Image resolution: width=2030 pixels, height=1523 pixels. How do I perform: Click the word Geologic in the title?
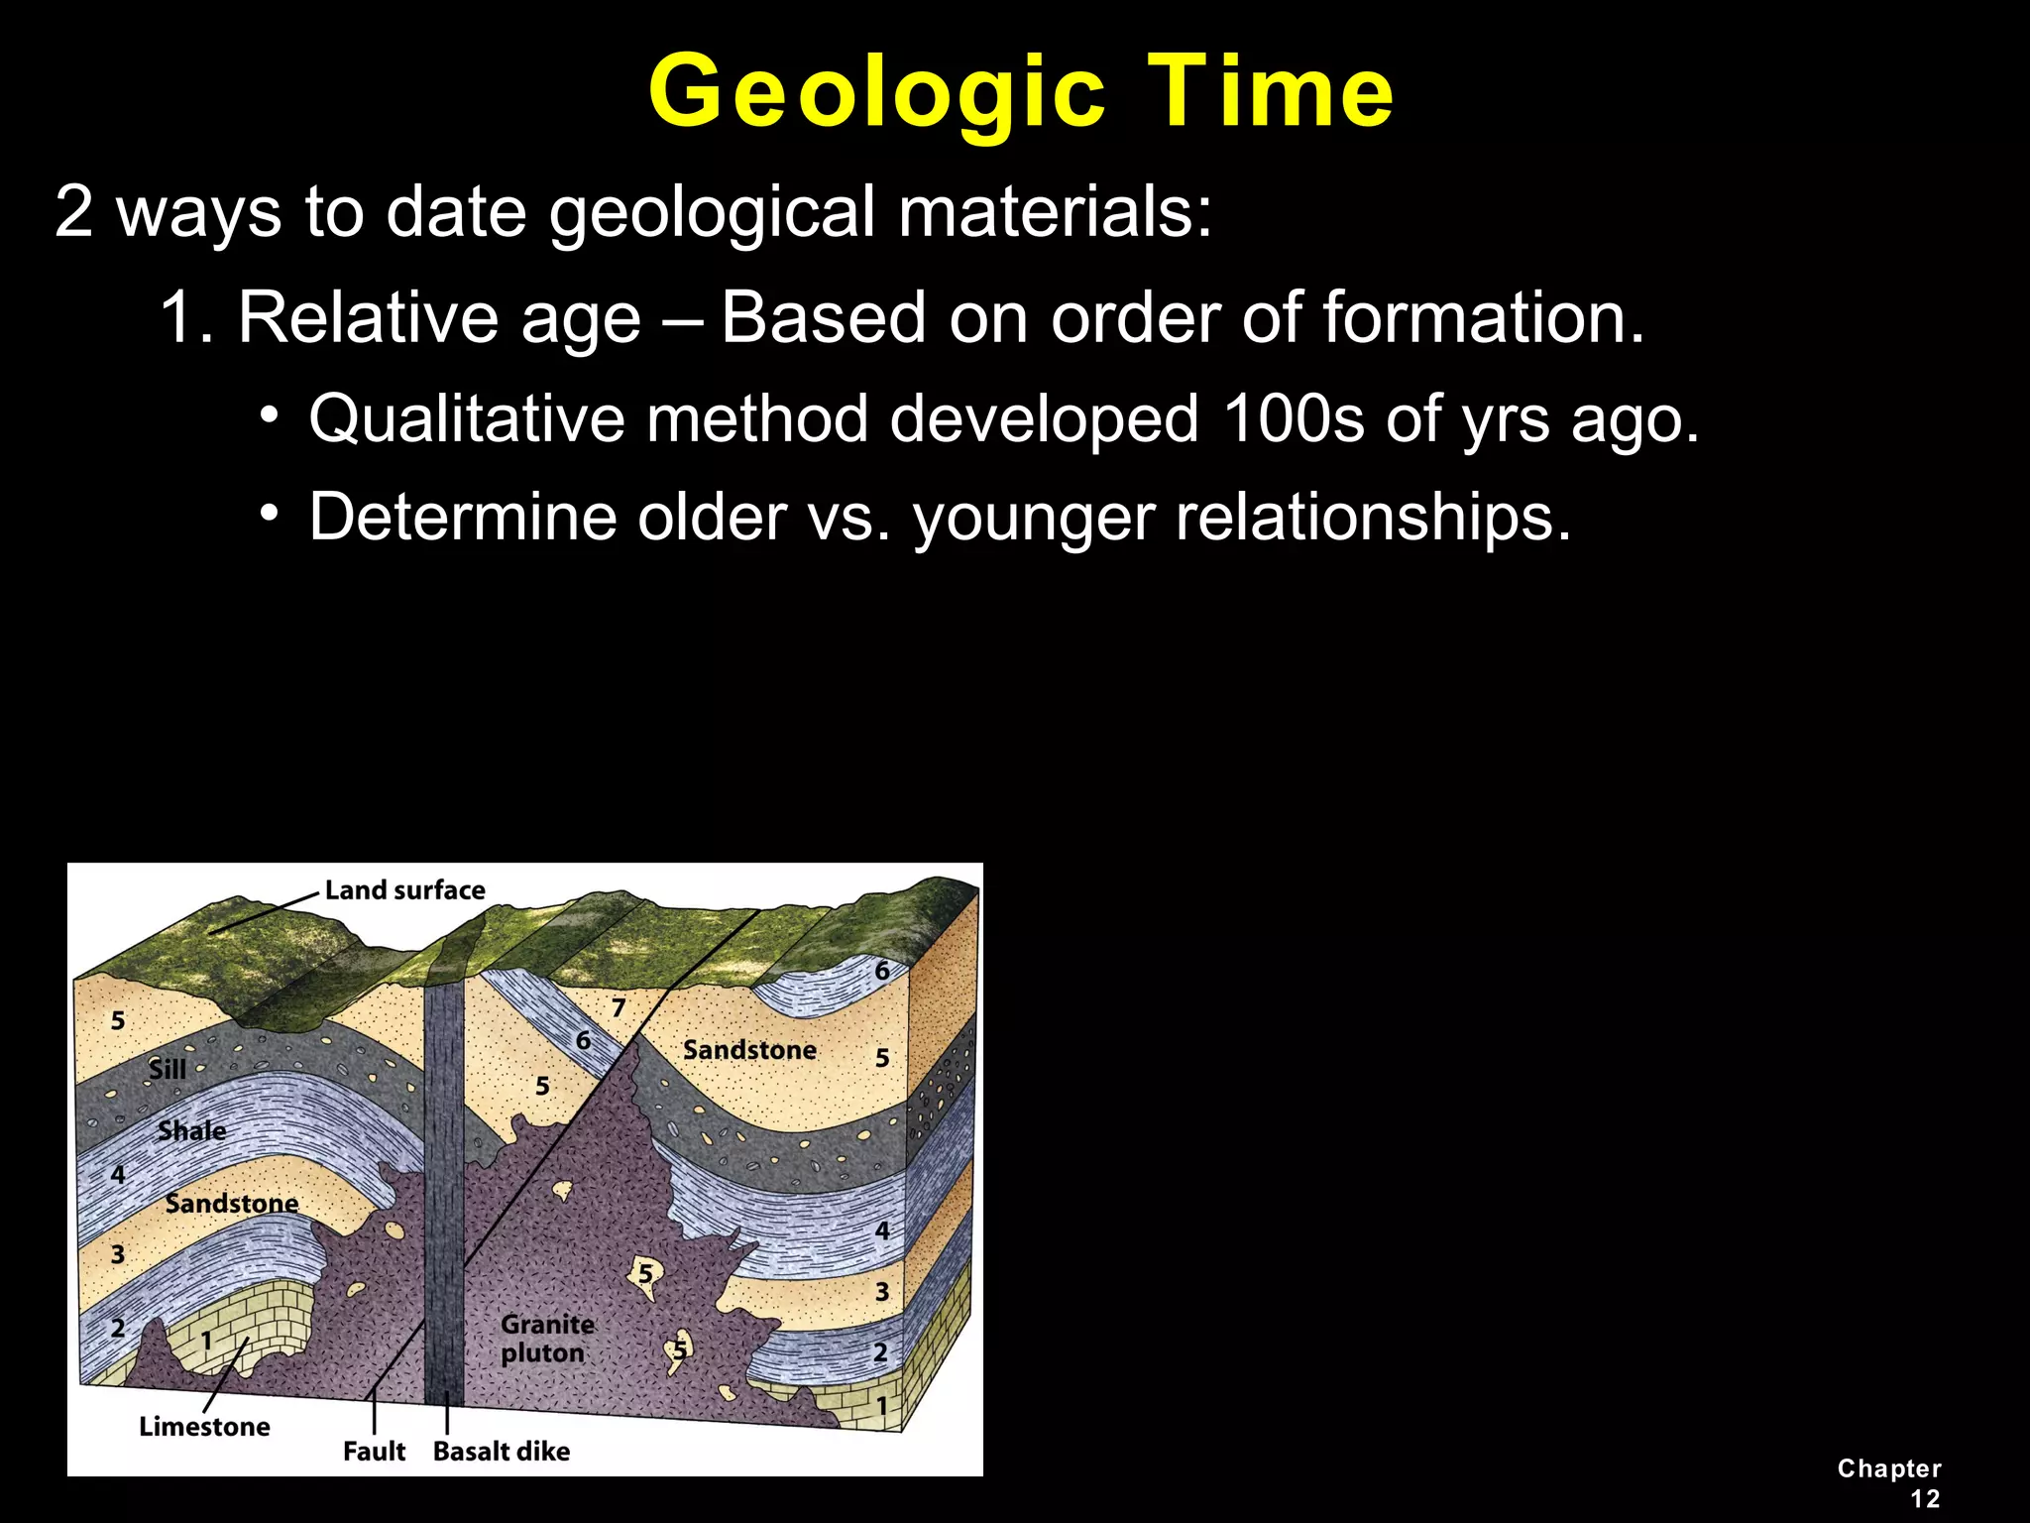click(876, 91)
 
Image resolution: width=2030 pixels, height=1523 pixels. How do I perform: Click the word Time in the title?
click(1272, 91)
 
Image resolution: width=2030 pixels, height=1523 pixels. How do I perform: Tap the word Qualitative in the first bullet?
click(465, 418)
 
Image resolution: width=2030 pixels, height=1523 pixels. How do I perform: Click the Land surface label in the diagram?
click(404, 889)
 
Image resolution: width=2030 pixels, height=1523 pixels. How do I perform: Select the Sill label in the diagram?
click(167, 1069)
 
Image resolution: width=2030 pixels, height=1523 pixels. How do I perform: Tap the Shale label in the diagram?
click(191, 1130)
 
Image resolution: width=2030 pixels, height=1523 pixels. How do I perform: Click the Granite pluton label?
click(547, 1339)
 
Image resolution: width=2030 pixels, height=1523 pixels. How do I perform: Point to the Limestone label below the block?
click(204, 1426)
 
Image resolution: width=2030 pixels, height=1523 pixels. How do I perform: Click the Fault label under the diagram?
click(374, 1451)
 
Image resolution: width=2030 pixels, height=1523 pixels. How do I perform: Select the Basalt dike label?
click(502, 1451)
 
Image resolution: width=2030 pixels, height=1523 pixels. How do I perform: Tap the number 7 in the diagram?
click(619, 1007)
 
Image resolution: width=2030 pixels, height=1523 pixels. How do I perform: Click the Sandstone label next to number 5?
click(749, 1049)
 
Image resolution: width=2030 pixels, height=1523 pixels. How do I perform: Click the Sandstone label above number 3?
click(231, 1203)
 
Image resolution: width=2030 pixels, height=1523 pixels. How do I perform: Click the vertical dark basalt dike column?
click(444, 1190)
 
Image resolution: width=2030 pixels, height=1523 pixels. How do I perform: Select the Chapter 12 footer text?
click(1889, 1482)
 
